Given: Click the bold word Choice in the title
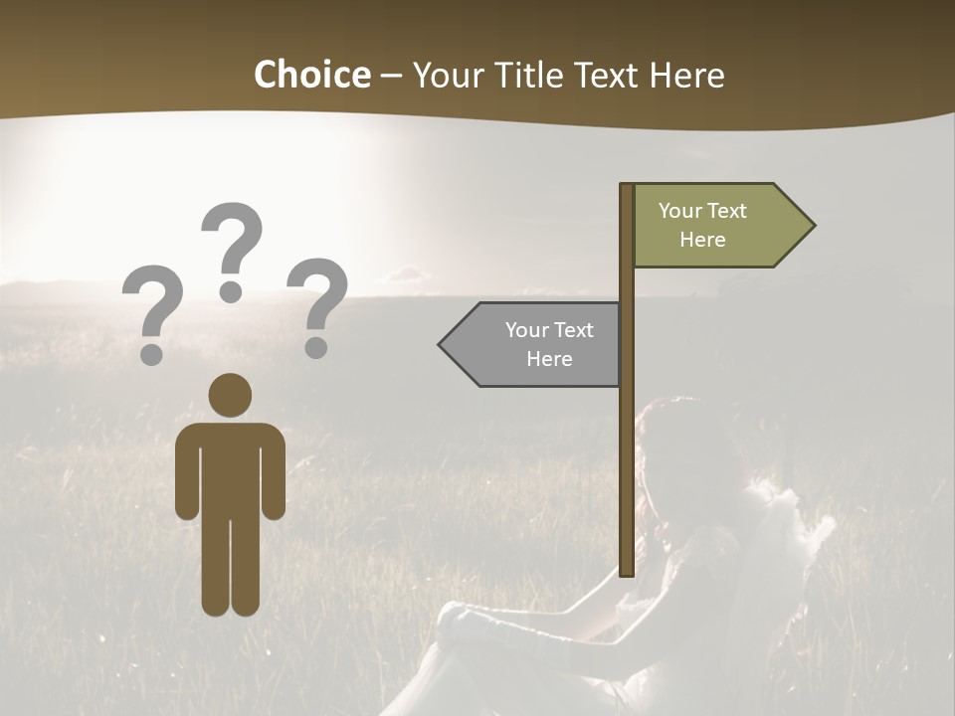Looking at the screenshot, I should pyautogui.click(x=311, y=75).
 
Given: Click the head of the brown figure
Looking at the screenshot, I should pyautogui.click(x=231, y=396).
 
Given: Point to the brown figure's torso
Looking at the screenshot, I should pyautogui.click(x=231, y=467).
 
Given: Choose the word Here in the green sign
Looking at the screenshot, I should pyautogui.click(x=702, y=240).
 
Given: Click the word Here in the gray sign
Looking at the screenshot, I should pyautogui.click(x=549, y=359).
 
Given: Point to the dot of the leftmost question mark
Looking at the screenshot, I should pyautogui.click(x=152, y=352).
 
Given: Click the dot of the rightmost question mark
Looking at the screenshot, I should pyautogui.click(x=316, y=347).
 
